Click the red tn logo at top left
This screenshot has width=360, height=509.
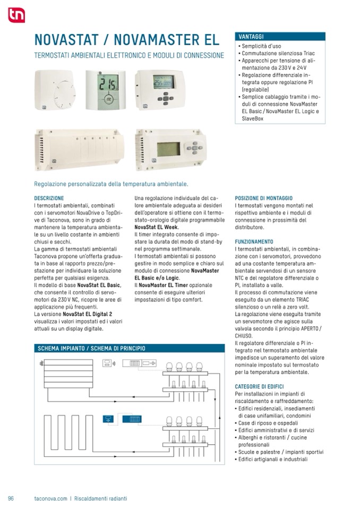(16, 15)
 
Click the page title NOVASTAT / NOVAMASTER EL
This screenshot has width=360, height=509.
(126, 40)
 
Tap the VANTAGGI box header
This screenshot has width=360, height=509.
(280, 37)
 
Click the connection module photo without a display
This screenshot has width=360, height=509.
(79, 150)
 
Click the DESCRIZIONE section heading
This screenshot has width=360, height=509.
(49, 198)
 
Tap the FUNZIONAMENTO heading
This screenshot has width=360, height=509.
(254, 241)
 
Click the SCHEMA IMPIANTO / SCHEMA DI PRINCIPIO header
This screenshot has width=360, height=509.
(91, 349)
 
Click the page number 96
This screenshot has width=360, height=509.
(11, 498)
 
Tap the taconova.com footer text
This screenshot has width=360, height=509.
(50, 498)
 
